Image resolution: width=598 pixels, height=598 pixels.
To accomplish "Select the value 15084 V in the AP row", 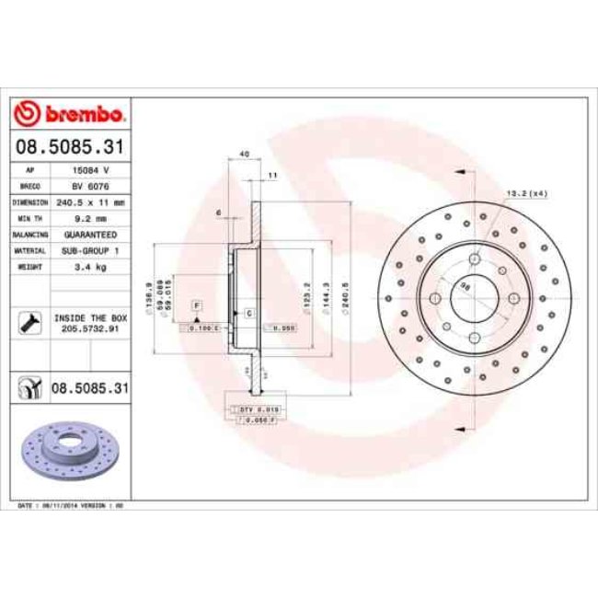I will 90,170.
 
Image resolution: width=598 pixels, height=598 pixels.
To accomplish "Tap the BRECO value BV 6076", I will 90,185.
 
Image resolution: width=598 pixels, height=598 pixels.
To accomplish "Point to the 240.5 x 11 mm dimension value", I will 92,201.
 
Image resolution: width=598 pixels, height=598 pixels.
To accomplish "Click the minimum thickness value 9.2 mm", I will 90,218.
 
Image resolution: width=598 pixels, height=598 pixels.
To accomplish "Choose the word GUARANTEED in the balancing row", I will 91,234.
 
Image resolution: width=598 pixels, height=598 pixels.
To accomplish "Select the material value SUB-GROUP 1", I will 91,249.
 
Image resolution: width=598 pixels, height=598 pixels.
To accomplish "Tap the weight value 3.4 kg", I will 90,266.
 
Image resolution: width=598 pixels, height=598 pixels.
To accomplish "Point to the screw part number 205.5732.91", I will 90,328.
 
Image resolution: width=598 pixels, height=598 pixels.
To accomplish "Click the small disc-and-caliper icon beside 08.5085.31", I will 29,390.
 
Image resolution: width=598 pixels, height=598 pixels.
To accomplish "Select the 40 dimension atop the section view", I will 243,155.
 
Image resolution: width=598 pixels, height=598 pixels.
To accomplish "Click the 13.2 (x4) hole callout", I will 527,193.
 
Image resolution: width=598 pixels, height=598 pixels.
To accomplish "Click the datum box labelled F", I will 197,304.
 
